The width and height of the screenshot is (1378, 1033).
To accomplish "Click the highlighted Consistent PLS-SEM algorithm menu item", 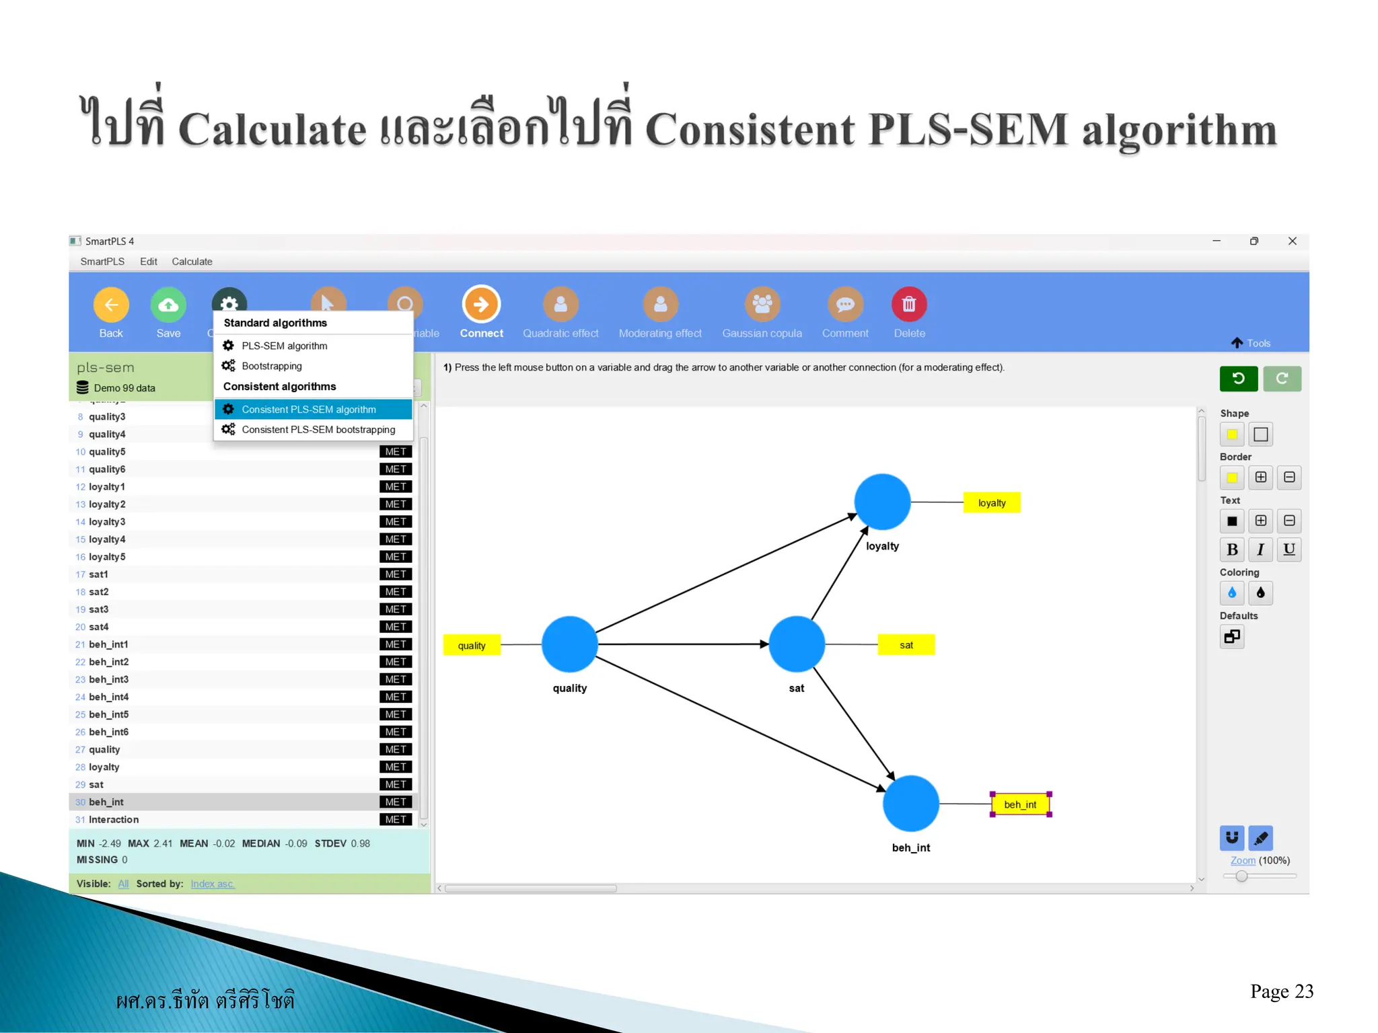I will [309, 409].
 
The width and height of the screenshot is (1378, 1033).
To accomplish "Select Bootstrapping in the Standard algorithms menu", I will [272, 366].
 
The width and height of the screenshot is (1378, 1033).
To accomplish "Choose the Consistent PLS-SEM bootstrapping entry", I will [318, 429].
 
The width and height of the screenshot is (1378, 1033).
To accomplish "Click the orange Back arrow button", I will [111, 305].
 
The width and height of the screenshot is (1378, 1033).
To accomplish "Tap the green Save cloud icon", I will [168, 305].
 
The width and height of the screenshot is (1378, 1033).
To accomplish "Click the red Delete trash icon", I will [909, 305].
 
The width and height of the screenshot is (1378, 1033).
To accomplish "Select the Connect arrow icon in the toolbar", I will [481, 305].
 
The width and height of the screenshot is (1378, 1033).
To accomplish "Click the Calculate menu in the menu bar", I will [192, 262].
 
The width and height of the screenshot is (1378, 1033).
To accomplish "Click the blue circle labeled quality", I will [569, 644].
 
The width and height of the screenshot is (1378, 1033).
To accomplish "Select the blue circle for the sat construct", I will [797, 644].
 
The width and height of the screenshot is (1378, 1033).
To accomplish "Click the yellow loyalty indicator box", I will [991, 502].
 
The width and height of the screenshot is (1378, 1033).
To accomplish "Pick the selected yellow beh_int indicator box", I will [1020, 804].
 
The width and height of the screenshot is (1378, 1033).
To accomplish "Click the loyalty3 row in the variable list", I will [108, 522].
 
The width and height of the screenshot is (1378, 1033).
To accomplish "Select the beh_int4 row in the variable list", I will [109, 697].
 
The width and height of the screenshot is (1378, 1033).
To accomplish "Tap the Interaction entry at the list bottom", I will [114, 819].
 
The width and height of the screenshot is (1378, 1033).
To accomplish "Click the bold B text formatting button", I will [1232, 549].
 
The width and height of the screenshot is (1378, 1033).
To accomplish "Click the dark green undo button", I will [1238, 379].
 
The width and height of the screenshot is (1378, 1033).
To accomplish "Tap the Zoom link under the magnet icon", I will [1242, 860].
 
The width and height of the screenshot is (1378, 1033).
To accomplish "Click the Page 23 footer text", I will [1281, 991].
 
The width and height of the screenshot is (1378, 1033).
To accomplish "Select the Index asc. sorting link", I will [213, 884].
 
